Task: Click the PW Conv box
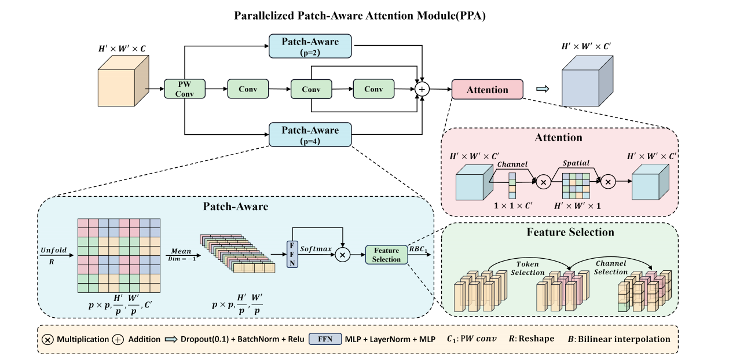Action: point(184,89)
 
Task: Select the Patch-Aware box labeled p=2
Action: point(310,46)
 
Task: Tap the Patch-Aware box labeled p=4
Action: point(310,134)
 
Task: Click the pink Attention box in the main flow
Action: point(487,90)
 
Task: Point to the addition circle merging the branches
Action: point(422,89)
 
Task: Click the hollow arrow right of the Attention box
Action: point(543,89)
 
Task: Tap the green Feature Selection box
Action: point(386,255)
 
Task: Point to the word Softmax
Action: point(316,248)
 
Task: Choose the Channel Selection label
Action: point(611,267)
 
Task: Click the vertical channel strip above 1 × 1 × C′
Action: point(512,185)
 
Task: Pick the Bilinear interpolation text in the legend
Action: point(630,339)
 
